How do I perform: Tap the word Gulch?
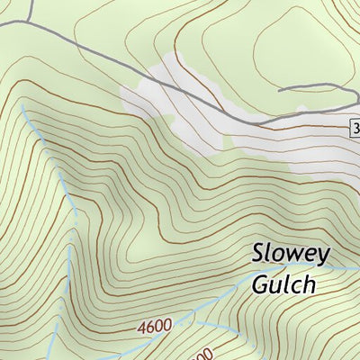[283, 284]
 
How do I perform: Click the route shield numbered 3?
[355, 129]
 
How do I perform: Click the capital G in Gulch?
[261, 284]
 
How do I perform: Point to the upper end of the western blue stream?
[22, 104]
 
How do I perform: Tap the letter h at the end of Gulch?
[308, 283]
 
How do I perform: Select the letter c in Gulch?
[296, 286]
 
